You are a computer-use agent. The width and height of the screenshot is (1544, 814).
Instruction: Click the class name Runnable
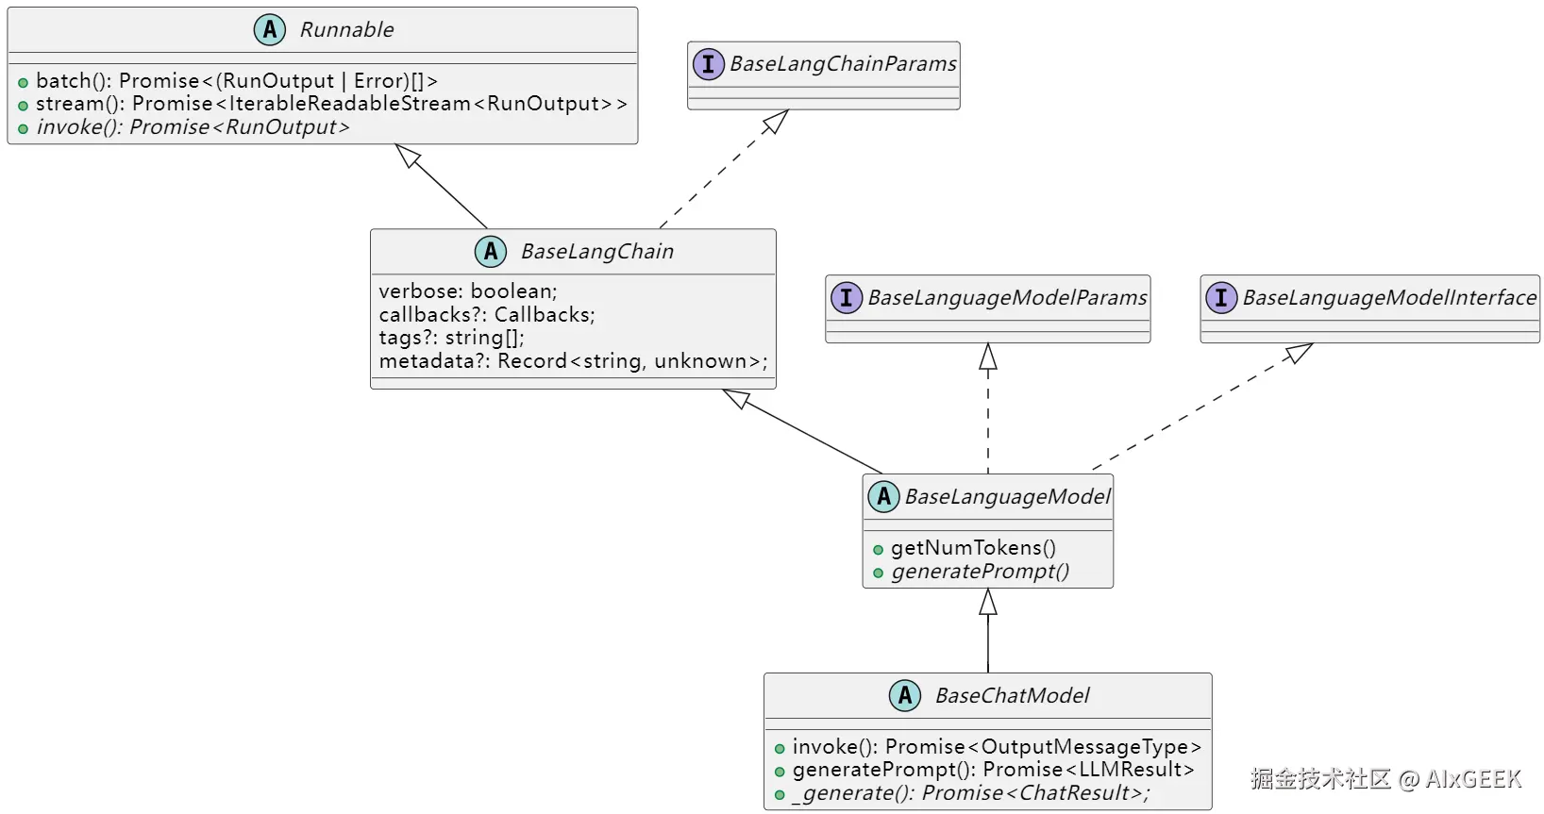coord(346,30)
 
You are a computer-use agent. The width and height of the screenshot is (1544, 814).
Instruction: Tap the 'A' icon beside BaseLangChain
coord(491,251)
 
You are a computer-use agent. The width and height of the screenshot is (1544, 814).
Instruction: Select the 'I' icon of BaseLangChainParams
coord(708,64)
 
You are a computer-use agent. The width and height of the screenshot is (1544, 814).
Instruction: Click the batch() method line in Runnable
coord(236,81)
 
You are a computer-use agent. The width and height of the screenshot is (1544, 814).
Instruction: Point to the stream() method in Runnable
coord(330,104)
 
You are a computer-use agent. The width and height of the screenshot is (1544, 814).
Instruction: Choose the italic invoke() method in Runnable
coord(193,127)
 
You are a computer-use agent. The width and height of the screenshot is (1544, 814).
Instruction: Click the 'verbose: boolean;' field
coord(468,291)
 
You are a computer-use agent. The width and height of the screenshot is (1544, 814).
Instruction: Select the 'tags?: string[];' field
coord(451,338)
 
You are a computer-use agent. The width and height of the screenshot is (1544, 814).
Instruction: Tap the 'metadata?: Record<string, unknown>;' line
coord(573,361)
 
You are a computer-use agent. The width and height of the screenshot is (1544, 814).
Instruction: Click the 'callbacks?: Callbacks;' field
coord(487,315)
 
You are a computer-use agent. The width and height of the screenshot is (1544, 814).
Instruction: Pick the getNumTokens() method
coord(973,548)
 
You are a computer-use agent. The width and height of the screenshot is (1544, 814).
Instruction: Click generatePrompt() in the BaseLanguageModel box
coord(980,572)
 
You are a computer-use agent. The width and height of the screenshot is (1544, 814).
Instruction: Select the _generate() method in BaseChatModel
coord(971,793)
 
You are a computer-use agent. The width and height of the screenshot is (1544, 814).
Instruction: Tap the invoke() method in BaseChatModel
coord(997,747)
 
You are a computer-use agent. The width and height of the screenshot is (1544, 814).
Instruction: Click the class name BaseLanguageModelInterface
coord(1389,298)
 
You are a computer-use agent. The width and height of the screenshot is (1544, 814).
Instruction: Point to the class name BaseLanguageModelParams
coord(1007,298)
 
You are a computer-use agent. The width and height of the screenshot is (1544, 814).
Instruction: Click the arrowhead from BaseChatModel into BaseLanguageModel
coord(988,602)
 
